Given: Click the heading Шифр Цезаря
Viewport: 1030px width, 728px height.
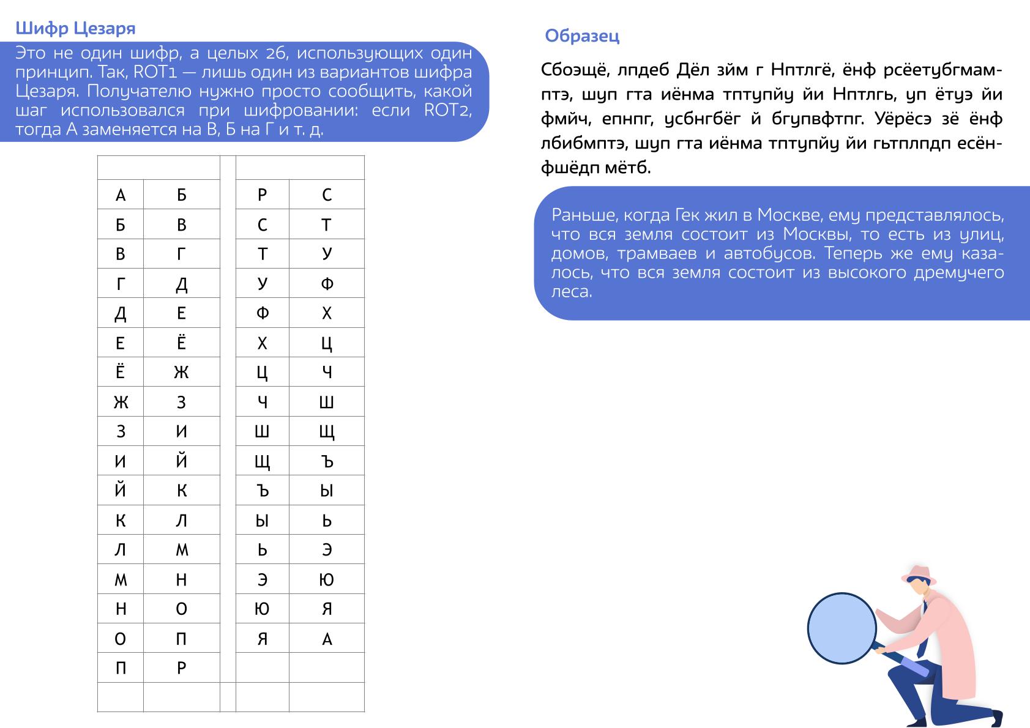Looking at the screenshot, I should [x=75, y=29].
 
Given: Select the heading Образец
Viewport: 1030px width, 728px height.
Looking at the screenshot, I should [x=582, y=36].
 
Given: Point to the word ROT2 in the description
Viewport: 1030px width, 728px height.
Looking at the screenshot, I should [x=448, y=111].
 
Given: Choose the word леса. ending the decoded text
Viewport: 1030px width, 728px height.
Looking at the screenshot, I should [x=572, y=292].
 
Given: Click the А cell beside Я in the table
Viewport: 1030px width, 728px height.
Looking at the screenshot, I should [x=327, y=639].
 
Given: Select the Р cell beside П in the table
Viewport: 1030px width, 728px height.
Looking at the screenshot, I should [x=181, y=668].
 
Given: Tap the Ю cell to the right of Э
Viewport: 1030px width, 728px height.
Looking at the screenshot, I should [x=327, y=579].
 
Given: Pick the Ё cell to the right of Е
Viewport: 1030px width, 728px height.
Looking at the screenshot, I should [x=181, y=343].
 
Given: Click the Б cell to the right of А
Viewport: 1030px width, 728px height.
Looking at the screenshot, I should [x=181, y=195].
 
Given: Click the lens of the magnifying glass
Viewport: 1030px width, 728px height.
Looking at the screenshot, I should [x=842, y=628].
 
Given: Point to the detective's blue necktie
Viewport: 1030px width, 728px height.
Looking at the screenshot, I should [x=928, y=636].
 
